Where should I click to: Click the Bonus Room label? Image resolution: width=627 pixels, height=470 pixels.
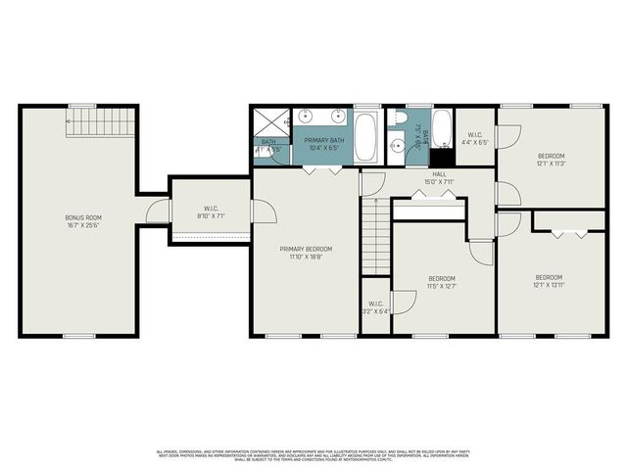pyautogui.click(x=83, y=217)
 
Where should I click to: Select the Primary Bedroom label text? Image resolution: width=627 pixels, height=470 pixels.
pyautogui.click(x=306, y=249)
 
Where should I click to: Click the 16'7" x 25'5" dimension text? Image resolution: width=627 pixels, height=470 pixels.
pyautogui.click(x=83, y=225)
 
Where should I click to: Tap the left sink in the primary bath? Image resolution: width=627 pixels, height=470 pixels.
pyautogui.click(x=306, y=116)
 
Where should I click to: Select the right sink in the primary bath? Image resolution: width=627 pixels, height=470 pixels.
pyautogui.click(x=339, y=116)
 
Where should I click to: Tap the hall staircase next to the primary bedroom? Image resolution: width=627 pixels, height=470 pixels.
pyautogui.click(x=377, y=235)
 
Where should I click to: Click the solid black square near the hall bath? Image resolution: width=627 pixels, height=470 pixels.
pyautogui.click(x=442, y=156)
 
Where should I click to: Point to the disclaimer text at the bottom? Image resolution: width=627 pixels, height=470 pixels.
pyautogui.click(x=313, y=454)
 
